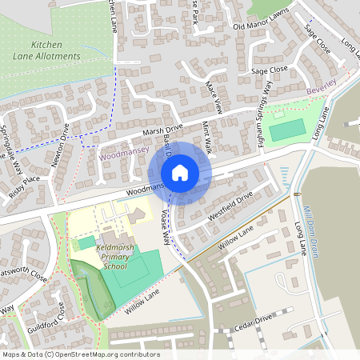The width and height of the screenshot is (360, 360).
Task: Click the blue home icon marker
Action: pos(180,172)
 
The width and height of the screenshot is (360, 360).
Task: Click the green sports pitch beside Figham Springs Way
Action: pos(286,130)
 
